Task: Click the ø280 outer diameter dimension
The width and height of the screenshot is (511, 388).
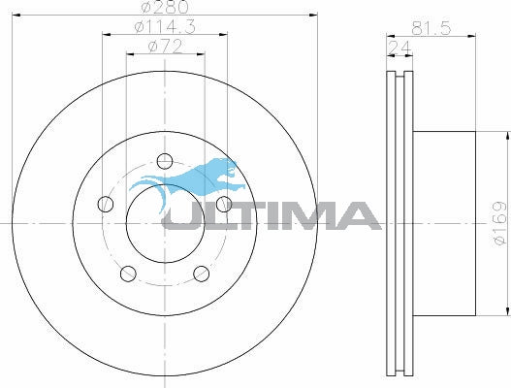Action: point(164,9)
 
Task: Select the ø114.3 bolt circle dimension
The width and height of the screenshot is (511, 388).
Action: point(164,28)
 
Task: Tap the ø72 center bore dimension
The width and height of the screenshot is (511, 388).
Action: point(164,47)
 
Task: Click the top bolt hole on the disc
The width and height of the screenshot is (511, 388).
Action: point(165,160)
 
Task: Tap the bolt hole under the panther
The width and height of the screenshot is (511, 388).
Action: point(224,203)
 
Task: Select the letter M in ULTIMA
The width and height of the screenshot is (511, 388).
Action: point(303,215)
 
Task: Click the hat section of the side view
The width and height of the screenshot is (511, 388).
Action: point(446,223)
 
